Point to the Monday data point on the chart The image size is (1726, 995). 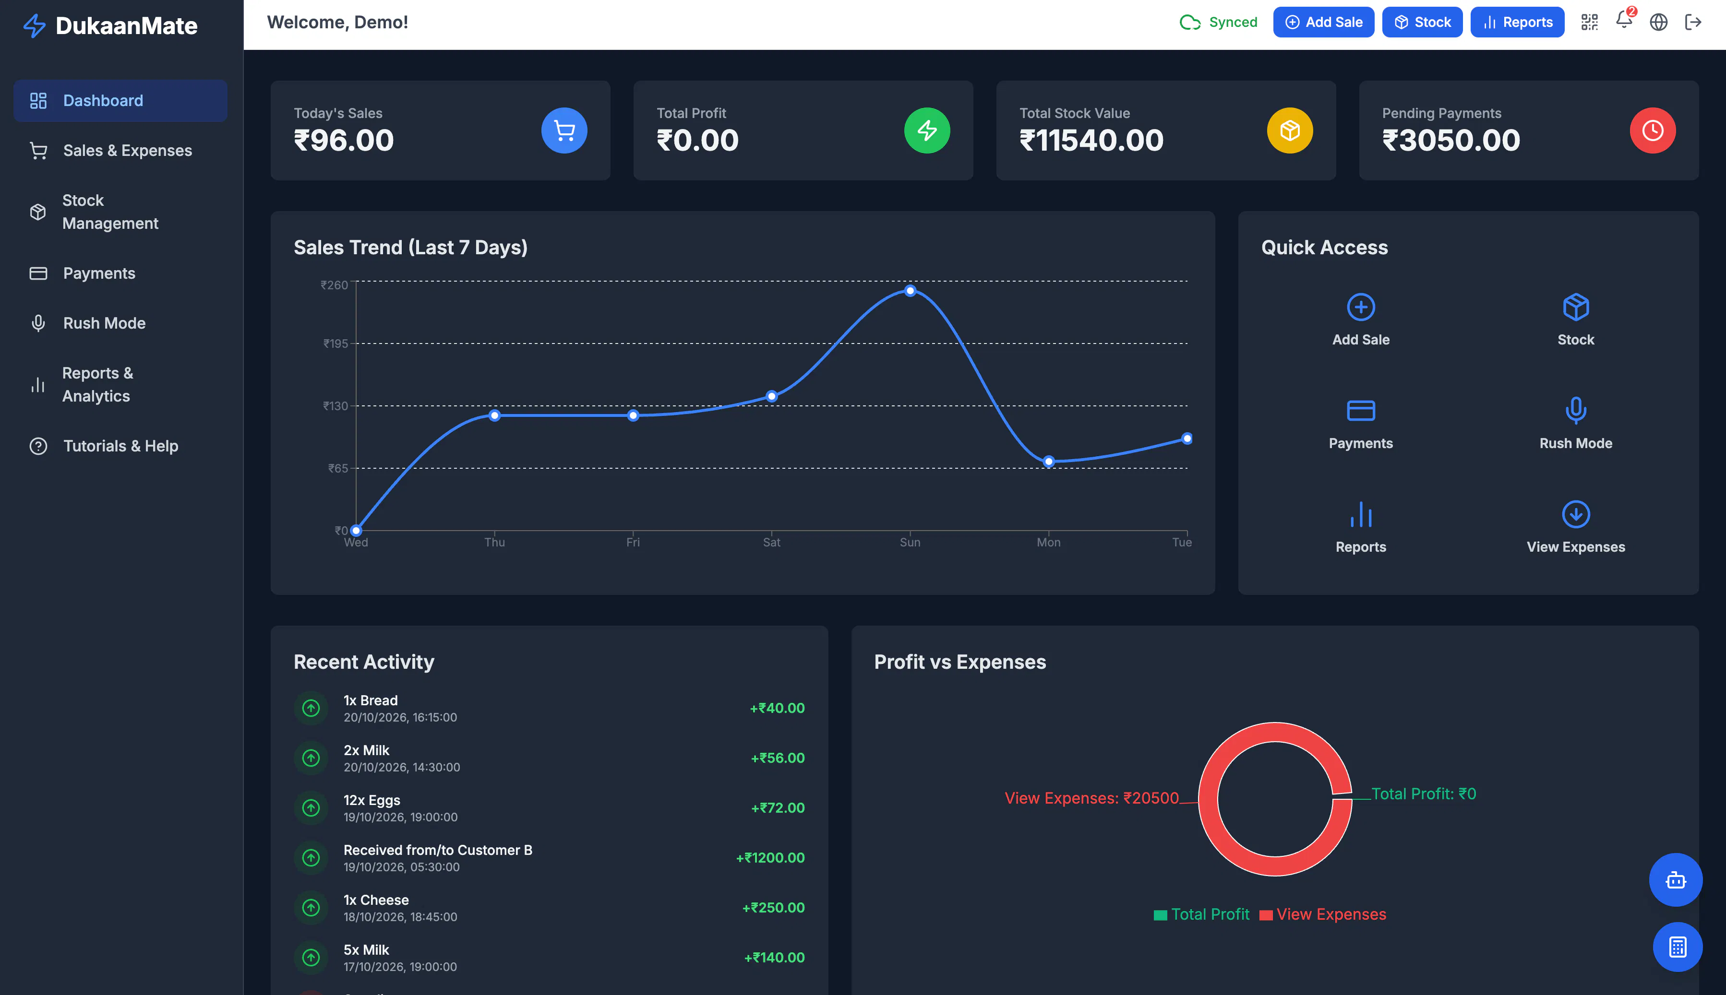click(1049, 462)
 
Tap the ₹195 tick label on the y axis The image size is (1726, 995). click(336, 344)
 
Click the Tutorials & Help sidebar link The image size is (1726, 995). click(120, 446)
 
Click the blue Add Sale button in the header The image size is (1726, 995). click(1323, 23)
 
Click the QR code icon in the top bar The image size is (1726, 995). click(1589, 23)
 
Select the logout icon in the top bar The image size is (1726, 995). click(1693, 23)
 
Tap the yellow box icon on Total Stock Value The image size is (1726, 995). click(1290, 130)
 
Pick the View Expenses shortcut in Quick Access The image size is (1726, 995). click(1576, 527)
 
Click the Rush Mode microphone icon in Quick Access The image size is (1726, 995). click(1576, 410)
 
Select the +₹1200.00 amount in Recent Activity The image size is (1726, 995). click(770, 858)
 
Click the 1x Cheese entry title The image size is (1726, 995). click(376, 900)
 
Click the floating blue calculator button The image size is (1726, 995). click(1678, 947)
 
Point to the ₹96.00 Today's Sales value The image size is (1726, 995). click(344, 141)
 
